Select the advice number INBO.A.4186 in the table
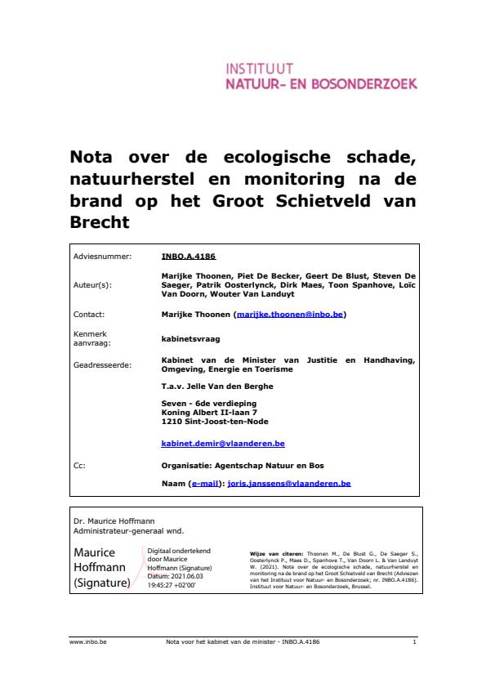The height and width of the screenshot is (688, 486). (189, 256)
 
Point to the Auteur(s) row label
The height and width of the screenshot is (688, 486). (92, 286)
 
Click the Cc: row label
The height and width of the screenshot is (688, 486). (79, 465)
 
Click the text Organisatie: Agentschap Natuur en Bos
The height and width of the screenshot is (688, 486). (243, 465)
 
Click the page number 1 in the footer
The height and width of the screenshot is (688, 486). (415, 642)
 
